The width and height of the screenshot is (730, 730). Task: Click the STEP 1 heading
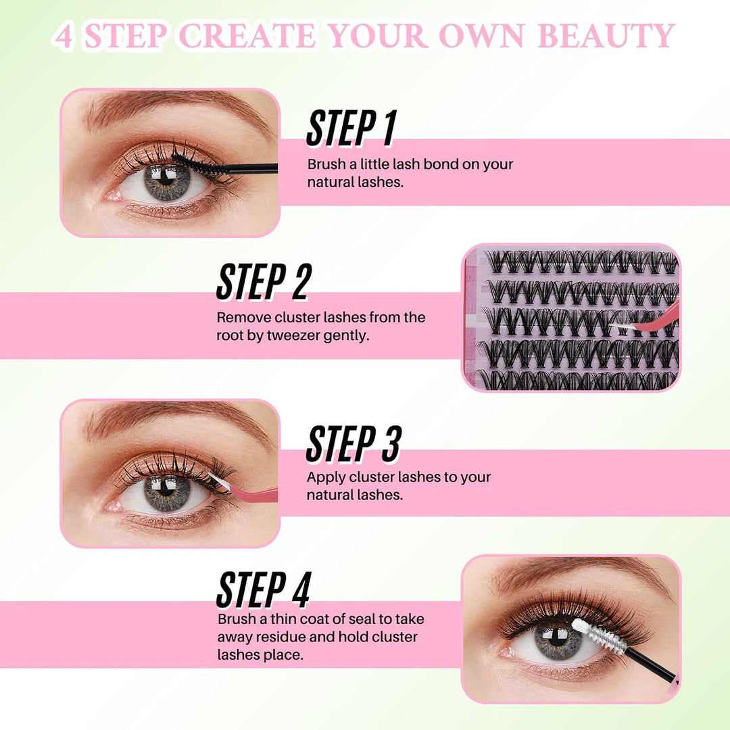pos(350,128)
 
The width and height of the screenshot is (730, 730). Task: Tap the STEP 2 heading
pos(262,282)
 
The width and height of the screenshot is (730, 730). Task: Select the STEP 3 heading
pos(353,444)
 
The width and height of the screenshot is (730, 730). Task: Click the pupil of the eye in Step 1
pos(166,181)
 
